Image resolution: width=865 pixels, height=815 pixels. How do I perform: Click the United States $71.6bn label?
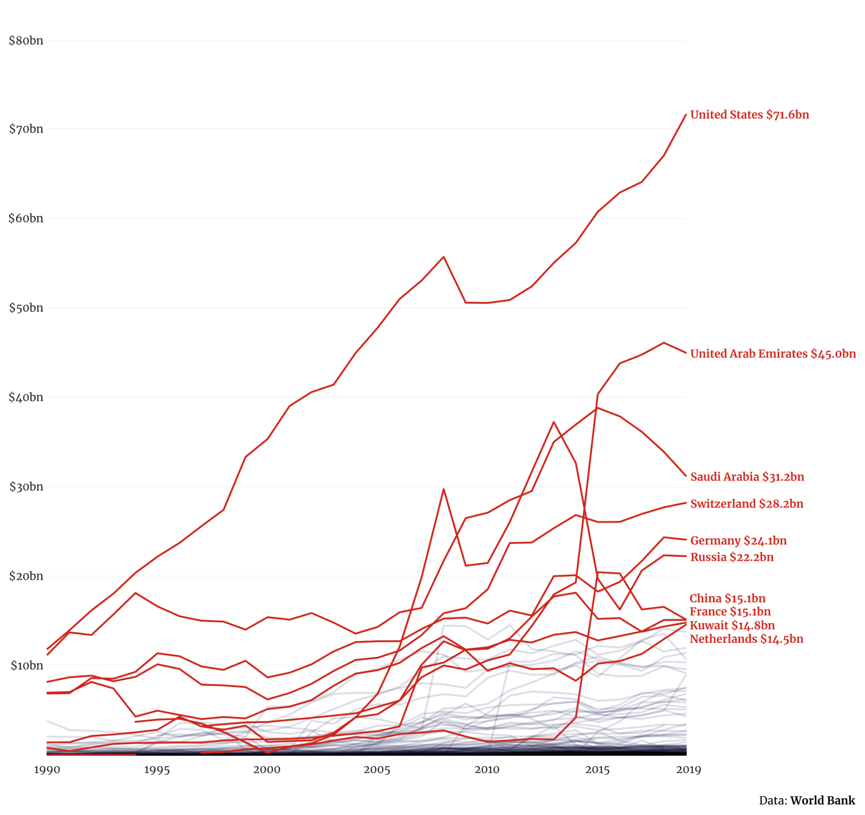tap(749, 115)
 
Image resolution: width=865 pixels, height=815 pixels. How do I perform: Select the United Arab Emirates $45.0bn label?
tap(773, 354)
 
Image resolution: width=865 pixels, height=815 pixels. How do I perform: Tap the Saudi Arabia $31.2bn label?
tap(747, 477)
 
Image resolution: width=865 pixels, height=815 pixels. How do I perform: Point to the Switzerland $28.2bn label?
tap(746, 504)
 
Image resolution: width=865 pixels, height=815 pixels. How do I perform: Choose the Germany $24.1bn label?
tap(738, 541)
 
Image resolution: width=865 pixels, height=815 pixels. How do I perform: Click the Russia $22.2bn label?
tap(732, 557)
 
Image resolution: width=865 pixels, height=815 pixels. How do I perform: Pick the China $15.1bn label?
tap(727, 598)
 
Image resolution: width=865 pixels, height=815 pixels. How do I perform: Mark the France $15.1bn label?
tap(730, 612)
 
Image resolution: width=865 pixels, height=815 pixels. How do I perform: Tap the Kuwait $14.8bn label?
tap(732, 625)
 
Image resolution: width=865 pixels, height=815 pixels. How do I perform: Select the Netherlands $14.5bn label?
tap(746, 639)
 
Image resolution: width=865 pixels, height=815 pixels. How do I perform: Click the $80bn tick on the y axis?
tap(26, 41)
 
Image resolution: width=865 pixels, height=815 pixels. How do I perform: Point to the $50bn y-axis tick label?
tap(26, 308)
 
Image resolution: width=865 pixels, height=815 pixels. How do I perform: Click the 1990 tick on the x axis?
tap(47, 770)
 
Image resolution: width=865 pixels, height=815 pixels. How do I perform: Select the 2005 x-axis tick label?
tap(377, 770)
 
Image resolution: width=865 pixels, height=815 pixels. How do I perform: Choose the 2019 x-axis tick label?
tap(688, 770)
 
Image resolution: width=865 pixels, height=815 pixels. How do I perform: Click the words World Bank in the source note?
tap(822, 801)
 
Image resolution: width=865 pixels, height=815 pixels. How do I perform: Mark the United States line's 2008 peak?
tap(443, 257)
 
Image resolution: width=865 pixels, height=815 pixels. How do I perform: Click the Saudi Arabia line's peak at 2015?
tap(598, 408)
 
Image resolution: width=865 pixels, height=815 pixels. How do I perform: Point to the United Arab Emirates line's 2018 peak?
tap(664, 343)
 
